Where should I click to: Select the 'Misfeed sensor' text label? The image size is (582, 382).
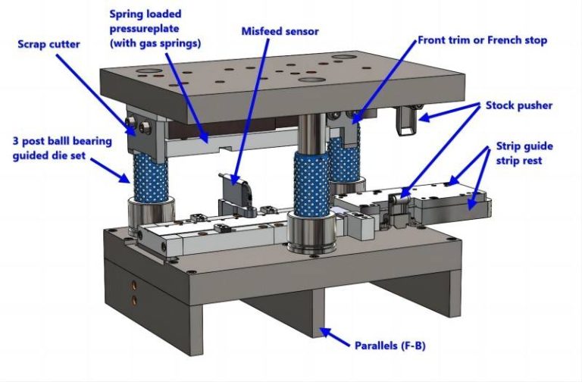280,32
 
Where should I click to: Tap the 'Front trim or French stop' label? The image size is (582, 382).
482,39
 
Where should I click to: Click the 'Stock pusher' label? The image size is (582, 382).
518,105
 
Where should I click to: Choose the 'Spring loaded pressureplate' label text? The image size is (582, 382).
156,29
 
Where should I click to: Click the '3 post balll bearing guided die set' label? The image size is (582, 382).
62,148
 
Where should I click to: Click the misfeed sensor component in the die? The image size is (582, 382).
232,189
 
